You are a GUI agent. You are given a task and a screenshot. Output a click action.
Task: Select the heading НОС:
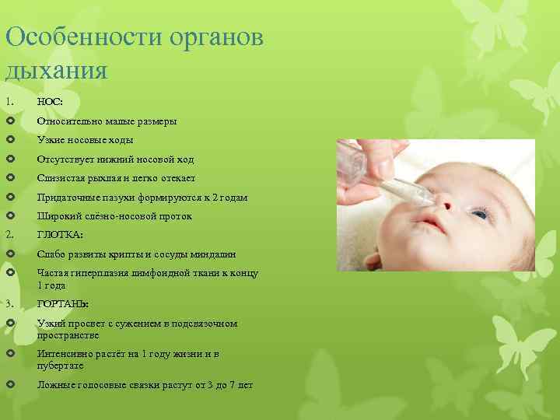[50, 103]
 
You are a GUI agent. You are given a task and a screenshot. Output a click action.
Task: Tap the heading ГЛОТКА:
[60, 235]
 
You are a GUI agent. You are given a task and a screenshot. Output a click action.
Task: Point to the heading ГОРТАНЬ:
[63, 304]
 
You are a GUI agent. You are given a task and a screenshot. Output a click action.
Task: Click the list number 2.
[9, 235]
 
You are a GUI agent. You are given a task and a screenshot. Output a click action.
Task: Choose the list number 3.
[9, 304]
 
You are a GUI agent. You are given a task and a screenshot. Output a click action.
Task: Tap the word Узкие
[51, 140]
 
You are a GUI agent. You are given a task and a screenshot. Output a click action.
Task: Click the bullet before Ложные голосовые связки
[9, 386]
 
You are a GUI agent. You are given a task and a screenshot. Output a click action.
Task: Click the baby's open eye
[480, 212]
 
